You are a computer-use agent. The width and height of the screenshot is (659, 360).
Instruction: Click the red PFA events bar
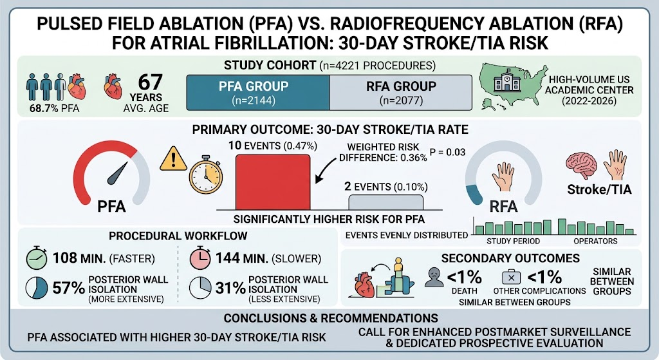pos(273,182)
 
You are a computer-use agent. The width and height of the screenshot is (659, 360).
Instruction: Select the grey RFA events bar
pos(386,202)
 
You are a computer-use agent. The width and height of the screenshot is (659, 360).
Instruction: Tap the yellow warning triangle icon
pos(173,158)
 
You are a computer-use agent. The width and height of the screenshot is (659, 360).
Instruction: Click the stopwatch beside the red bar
pos(205,175)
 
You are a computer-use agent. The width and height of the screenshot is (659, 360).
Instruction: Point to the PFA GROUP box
pos(258,93)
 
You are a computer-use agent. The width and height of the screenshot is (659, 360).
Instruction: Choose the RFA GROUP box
pos(401,93)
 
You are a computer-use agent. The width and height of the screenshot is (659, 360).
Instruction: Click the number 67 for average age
pos(150,82)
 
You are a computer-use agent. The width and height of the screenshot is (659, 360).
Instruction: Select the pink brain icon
pos(582,166)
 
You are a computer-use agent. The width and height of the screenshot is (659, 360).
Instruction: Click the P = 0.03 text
pos(448,152)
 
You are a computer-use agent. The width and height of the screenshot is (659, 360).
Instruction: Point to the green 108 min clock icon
pos(37,258)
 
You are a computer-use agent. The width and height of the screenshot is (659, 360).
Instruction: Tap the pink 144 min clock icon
pos(200,258)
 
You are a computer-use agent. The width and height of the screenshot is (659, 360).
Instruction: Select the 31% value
pos(230,288)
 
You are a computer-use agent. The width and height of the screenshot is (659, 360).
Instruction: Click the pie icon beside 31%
pos(200,288)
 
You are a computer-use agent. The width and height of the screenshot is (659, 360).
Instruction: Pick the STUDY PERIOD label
pos(513,241)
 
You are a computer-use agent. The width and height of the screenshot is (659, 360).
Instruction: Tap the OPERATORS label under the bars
pos(595,241)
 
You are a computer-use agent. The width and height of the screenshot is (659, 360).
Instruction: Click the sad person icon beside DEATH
pos(434,278)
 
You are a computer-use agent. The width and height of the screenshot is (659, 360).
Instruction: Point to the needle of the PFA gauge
pos(117,174)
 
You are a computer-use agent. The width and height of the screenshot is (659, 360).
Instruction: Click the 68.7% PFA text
pos(54,108)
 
